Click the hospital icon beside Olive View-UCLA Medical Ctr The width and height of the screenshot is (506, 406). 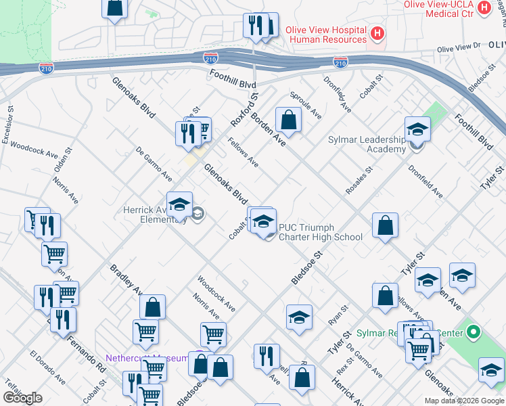(484, 7)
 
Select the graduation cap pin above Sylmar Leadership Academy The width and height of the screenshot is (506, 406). (417, 129)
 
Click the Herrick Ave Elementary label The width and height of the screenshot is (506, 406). (149, 215)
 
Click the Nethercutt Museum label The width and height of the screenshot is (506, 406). (145, 358)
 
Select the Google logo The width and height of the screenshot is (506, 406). (22, 397)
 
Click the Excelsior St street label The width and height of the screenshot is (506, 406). (7, 125)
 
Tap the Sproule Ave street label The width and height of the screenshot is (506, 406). (305, 105)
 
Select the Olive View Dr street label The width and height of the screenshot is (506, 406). (458, 47)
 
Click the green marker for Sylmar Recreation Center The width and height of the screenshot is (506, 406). (474, 332)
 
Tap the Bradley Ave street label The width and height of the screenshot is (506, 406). (125, 280)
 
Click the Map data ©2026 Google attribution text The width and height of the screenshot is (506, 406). (464, 401)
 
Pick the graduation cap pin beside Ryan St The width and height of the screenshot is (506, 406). (299, 317)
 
